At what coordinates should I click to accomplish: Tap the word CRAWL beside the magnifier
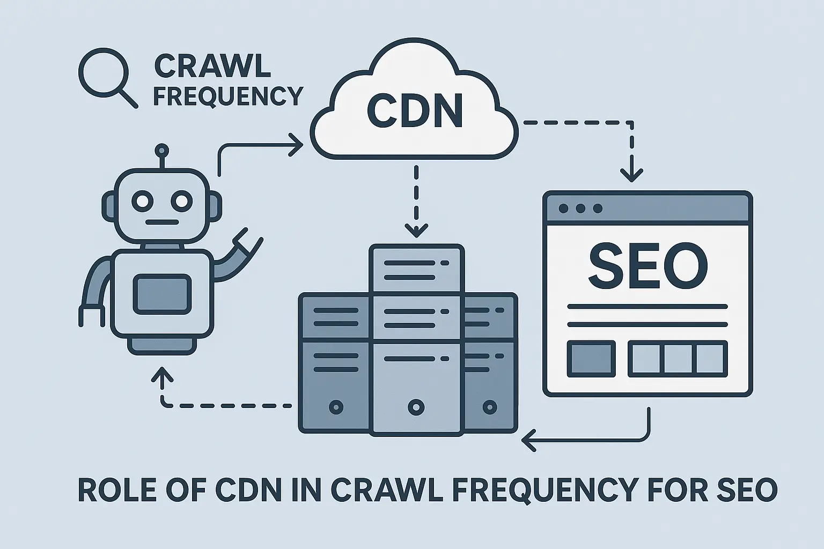212,66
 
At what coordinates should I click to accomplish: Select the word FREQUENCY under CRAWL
228,97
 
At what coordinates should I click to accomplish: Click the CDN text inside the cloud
415,111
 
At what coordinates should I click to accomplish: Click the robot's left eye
143,202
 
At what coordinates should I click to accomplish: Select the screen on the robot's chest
161,294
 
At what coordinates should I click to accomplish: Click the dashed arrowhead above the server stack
416,231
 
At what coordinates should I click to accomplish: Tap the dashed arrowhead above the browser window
631,174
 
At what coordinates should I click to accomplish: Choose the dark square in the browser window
591,358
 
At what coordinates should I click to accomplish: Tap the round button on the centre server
416,407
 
